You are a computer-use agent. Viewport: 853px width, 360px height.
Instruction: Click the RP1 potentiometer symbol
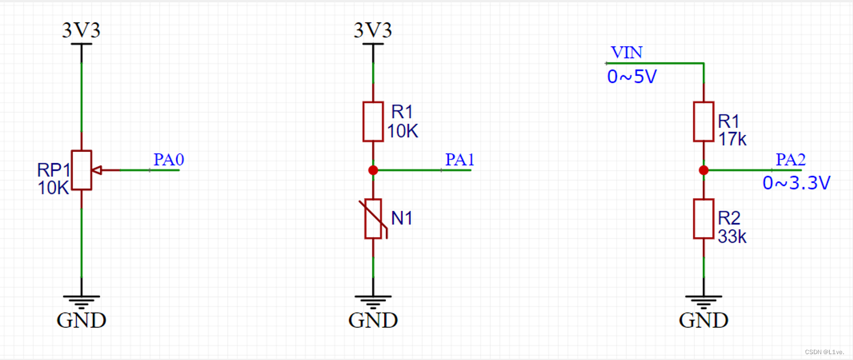click(x=82, y=170)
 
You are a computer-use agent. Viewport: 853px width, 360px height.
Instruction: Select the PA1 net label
click(x=460, y=160)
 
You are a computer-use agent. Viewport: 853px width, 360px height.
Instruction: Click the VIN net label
click(x=626, y=53)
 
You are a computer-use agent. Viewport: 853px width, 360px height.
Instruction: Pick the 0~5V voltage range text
click(x=631, y=77)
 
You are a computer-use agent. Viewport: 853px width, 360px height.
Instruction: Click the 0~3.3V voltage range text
click(x=796, y=184)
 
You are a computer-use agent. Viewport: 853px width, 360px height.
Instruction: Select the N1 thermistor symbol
click(x=373, y=219)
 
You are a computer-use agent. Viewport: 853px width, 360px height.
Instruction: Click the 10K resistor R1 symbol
click(x=373, y=122)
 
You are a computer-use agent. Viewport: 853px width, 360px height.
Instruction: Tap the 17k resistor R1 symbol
click(x=703, y=122)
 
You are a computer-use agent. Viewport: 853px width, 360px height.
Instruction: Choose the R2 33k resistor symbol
click(x=703, y=219)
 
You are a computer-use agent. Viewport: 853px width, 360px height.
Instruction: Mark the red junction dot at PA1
click(x=373, y=170)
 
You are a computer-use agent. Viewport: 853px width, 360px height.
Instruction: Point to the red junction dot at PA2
click(x=703, y=170)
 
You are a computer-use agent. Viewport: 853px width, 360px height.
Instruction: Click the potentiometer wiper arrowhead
click(x=98, y=170)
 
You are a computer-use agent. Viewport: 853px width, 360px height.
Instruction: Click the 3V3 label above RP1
click(x=81, y=30)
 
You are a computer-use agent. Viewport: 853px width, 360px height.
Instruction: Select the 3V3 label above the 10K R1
click(x=373, y=30)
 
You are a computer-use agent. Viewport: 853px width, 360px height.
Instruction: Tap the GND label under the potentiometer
click(x=81, y=320)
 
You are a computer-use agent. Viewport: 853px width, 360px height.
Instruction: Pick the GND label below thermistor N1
click(x=373, y=320)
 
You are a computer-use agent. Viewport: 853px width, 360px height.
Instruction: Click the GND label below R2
click(x=703, y=320)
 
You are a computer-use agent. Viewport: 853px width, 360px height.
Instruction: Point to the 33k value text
click(x=732, y=237)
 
